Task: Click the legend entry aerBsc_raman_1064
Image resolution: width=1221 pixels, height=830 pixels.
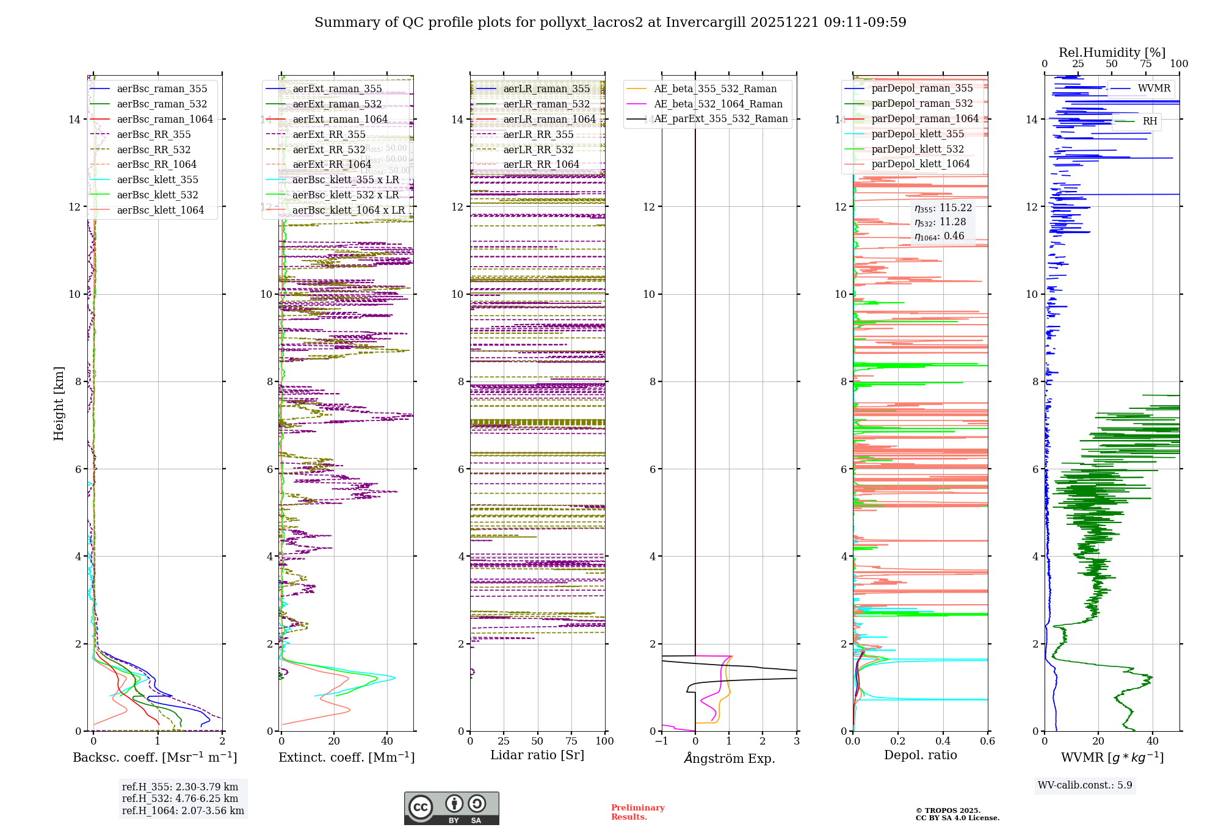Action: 165,119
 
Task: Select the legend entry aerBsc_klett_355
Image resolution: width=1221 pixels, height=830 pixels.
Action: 158,179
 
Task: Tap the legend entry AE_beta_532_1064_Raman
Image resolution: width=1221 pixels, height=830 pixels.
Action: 718,104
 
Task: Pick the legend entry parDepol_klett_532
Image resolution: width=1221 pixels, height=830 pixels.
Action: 918,149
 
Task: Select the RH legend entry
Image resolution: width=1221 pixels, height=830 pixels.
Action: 1150,121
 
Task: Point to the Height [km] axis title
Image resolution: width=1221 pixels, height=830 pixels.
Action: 59,403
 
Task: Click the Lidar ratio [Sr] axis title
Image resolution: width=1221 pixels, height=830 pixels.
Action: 537,755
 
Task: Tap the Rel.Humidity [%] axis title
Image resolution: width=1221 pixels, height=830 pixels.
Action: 1112,52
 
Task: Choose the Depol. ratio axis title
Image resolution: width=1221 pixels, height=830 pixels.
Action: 920,755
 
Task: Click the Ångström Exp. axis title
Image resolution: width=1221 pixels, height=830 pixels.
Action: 729,758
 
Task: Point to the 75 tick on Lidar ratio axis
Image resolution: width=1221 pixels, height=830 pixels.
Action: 571,741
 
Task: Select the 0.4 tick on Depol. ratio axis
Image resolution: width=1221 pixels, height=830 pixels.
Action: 943,741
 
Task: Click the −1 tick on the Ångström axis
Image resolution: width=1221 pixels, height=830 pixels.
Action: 662,741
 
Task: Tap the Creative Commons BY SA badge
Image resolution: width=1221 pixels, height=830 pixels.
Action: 451,808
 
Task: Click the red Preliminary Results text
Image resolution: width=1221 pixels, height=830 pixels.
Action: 637,812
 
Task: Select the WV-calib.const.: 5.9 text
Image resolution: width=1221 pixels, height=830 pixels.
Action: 1085,785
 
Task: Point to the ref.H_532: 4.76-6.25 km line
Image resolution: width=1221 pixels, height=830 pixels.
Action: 180,798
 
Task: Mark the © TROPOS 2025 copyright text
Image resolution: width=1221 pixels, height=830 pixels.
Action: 947,810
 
